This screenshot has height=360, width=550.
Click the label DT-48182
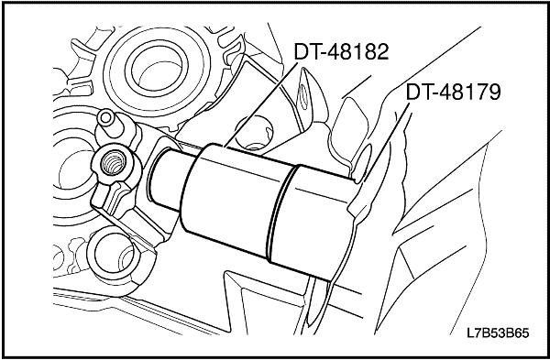[x=341, y=52]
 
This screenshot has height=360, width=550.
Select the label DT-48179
[x=453, y=93]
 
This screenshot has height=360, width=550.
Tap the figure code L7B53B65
[x=498, y=333]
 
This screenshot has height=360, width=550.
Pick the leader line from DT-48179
[x=386, y=141]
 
